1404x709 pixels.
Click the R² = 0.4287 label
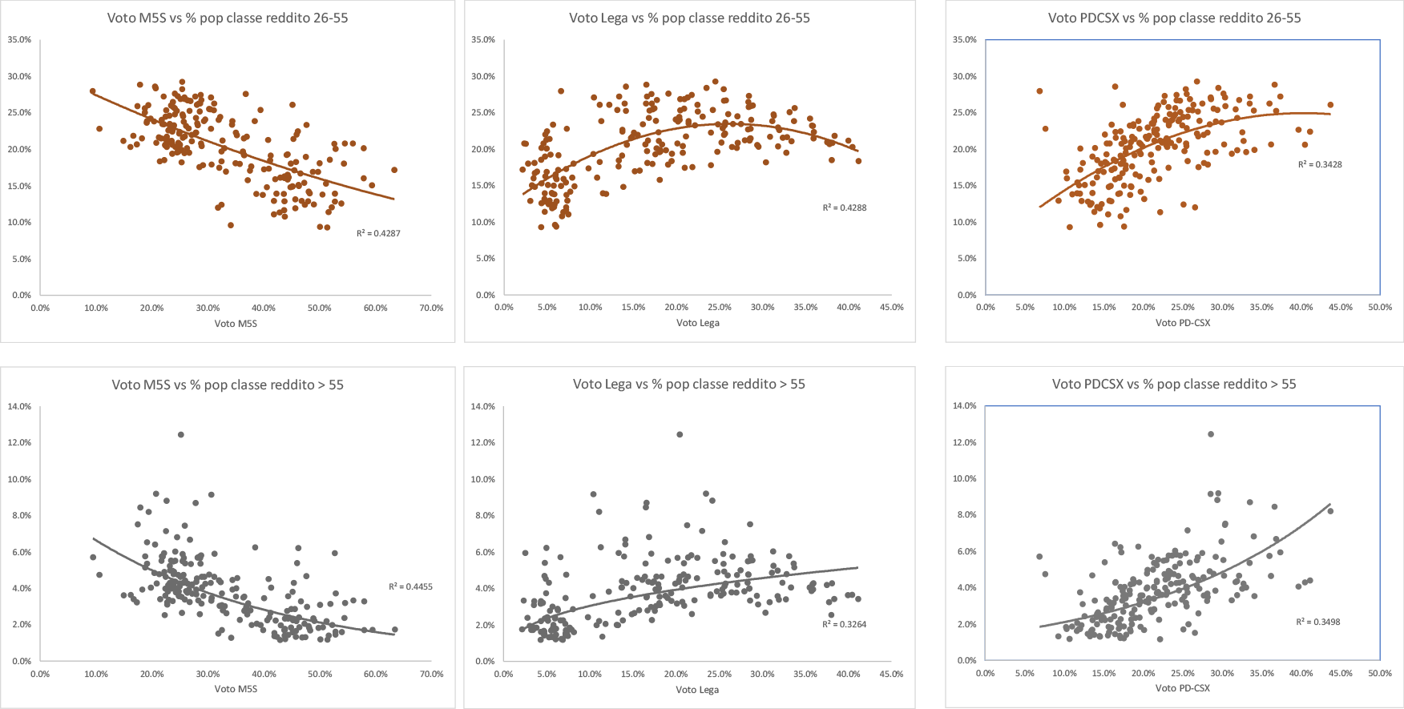click(378, 233)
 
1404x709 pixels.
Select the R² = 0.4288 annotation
click(845, 207)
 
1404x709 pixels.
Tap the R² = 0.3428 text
click(1320, 164)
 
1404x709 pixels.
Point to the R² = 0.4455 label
click(410, 586)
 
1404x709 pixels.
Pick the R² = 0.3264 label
click(845, 624)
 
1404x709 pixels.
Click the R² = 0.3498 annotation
click(1318, 622)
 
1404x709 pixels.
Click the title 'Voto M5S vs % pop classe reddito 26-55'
click(228, 18)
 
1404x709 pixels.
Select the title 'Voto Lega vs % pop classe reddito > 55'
click(689, 384)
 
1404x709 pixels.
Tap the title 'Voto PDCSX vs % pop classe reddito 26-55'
click(1175, 18)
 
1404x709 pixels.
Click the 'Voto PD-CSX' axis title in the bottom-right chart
click(1183, 688)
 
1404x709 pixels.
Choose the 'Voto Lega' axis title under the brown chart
click(698, 323)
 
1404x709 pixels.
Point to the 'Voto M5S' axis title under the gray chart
click(236, 689)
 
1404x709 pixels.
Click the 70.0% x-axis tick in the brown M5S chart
click(431, 308)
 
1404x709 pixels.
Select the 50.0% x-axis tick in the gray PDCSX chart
click(1380, 674)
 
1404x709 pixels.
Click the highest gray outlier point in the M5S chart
click(181, 434)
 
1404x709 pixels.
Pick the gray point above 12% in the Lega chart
click(680, 434)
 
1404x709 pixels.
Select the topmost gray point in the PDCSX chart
click(1211, 434)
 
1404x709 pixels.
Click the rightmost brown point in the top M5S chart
click(394, 170)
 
